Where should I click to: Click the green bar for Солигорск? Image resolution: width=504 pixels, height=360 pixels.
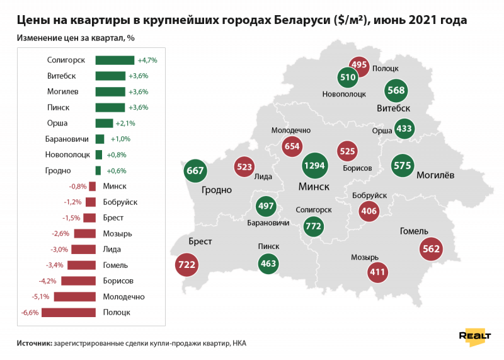115,60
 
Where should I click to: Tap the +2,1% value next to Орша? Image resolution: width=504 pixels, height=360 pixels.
125,123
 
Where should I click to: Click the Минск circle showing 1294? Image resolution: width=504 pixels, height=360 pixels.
315,166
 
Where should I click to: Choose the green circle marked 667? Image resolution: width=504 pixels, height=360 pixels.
196,170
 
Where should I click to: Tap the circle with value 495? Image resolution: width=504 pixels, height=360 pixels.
359,64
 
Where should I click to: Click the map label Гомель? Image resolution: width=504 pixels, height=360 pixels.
414,231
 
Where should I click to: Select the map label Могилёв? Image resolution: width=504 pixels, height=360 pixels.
435,176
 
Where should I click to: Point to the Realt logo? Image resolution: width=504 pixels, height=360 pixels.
474,336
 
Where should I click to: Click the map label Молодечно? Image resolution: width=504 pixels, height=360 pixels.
291,129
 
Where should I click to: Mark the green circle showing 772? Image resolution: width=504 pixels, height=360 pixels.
313,225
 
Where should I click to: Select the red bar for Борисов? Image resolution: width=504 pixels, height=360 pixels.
78,281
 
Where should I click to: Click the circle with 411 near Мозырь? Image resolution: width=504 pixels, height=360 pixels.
377,272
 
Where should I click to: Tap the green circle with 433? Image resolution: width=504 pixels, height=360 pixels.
404,129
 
